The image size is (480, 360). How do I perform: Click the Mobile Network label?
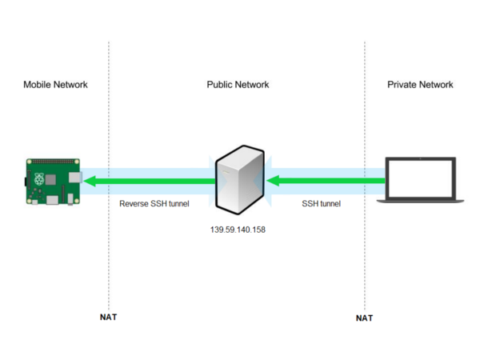(x=55, y=84)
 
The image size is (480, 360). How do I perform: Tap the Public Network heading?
(x=238, y=84)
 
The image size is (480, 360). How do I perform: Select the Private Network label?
(x=420, y=84)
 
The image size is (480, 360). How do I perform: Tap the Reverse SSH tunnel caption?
(x=154, y=204)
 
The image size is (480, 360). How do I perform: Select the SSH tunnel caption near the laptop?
(x=321, y=204)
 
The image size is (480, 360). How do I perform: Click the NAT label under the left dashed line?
(x=108, y=317)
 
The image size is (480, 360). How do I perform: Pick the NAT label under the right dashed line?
(x=364, y=318)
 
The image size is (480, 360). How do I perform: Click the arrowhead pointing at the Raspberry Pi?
(x=91, y=182)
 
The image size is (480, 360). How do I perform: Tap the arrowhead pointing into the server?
(x=273, y=182)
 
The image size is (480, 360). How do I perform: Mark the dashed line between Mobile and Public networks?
(x=109, y=256)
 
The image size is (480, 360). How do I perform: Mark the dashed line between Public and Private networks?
(x=365, y=256)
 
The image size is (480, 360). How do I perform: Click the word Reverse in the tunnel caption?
(x=134, y=204)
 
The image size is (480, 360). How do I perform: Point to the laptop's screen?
(x=420, y=177)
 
